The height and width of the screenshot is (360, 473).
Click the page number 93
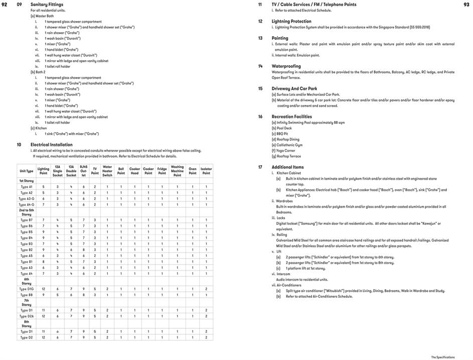click(x=466, y=4)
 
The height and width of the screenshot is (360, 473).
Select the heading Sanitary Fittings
click(x=47, y=5)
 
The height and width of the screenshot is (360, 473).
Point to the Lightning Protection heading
click(x=291, y=22)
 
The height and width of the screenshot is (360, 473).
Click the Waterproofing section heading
click(x=286, y=66)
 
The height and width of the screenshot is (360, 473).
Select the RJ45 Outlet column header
click(x=84, y=171)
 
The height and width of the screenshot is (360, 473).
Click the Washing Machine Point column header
click(x=177, y=171)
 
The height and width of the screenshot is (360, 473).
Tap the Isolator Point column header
click(x=206, y=171)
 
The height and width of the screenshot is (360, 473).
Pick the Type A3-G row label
click(x=27, y=199)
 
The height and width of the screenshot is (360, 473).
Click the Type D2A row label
click(x=27, y=316)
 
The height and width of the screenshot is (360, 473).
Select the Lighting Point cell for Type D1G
click(x=44, y=289)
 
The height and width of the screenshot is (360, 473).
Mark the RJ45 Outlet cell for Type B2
click(x=84, y=250)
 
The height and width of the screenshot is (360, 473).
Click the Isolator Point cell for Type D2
click(x=206, y=337)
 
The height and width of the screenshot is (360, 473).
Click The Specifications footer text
click(x=442, y=357)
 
